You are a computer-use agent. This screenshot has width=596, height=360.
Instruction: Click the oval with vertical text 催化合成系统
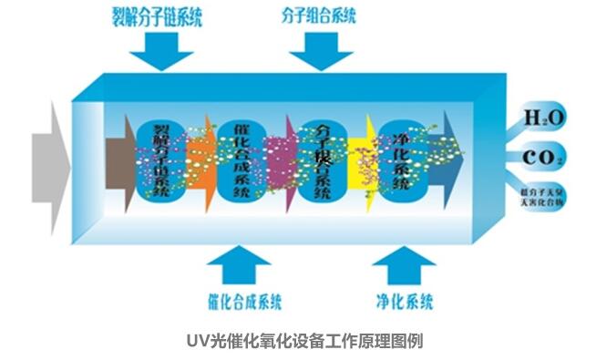point(241,162)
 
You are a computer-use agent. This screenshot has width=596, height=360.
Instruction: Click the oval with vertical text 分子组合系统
point(320,162)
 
